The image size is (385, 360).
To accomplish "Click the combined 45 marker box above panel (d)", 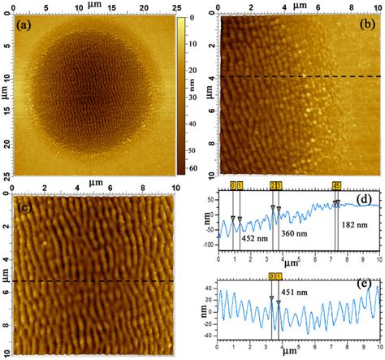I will (336, 186).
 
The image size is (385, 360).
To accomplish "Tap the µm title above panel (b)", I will (300, 6).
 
